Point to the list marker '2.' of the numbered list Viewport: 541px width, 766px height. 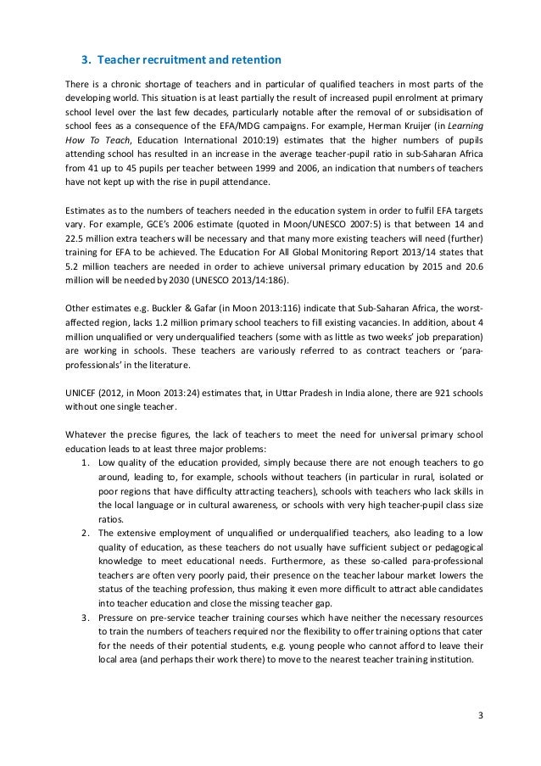(x=86, y=532)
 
